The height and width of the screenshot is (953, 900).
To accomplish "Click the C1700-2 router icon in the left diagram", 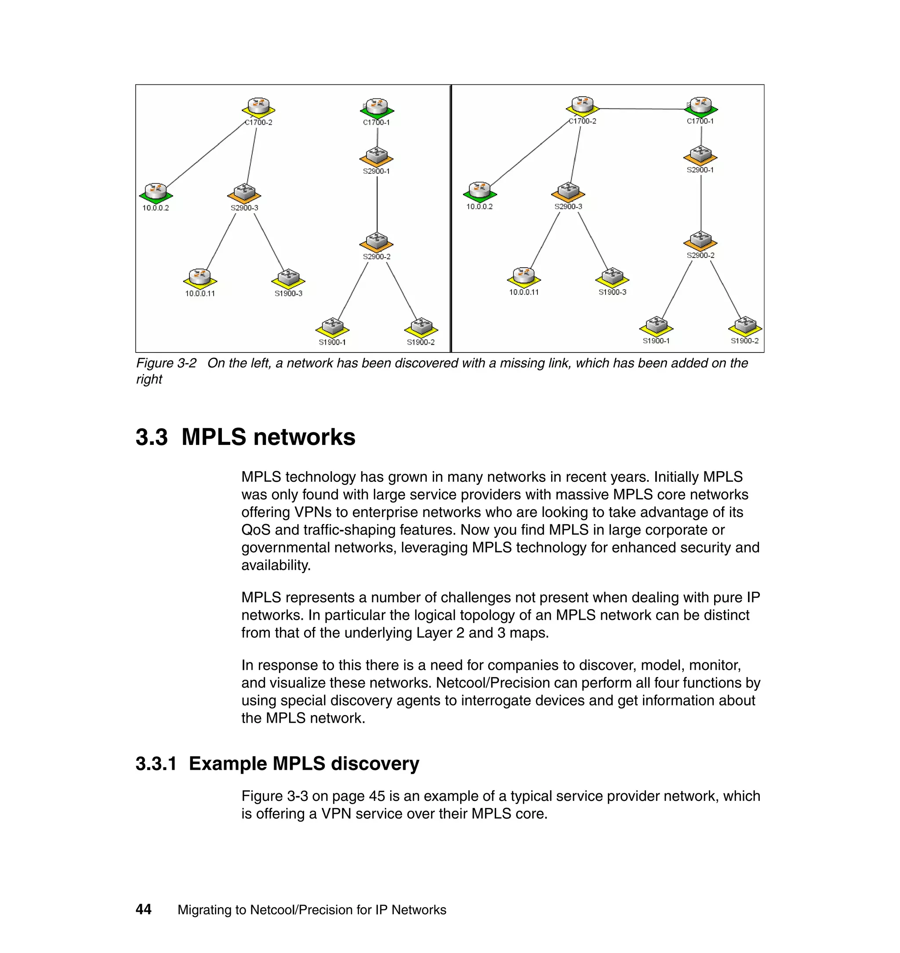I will (258, 107).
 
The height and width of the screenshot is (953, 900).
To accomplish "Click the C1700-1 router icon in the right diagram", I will (701, 106).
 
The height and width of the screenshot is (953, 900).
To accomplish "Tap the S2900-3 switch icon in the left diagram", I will (244, 193).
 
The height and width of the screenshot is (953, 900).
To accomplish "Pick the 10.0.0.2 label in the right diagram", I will (479, 207).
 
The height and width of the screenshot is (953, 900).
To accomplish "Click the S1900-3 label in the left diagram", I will (288, 294).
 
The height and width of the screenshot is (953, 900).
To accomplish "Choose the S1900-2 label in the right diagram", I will (744, 341).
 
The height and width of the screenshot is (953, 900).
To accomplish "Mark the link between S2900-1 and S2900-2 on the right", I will (701, 201).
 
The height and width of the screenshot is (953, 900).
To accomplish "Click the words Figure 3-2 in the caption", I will (166, 363).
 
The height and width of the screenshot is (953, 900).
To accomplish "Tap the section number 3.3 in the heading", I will (152, 437).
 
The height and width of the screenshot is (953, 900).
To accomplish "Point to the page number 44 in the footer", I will (143, 909).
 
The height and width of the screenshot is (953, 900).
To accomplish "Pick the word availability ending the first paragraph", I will (276, 565).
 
